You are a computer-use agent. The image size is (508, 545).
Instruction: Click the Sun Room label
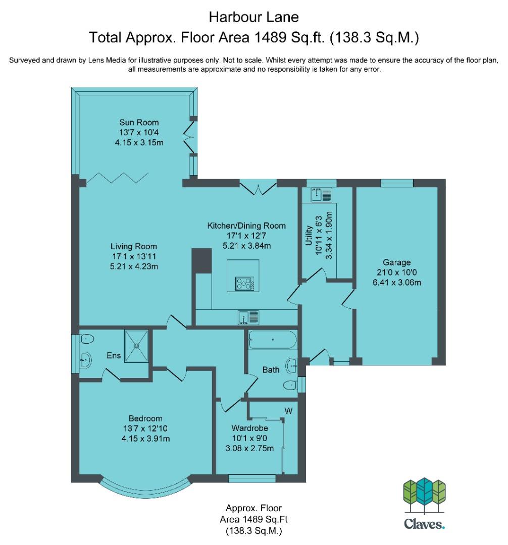click(139, 122)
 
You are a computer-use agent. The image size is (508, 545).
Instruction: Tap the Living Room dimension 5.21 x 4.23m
click(134, 266)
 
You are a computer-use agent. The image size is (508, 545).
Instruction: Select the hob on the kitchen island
click(245, 283)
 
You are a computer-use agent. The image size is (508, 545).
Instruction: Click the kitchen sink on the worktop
click(248, 317)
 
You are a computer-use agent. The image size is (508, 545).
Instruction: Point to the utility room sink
click(322, 195)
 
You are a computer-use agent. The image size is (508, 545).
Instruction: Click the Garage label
click(397, 262)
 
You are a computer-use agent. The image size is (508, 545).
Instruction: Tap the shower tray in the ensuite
click(137, 346)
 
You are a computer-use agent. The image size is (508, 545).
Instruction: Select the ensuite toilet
click(87, 339)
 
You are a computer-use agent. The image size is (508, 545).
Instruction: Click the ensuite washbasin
click(86, 360)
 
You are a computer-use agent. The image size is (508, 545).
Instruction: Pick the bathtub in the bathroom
click(273, 339)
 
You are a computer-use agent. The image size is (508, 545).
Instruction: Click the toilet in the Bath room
click(290, 385)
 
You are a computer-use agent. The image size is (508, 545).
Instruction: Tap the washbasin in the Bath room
click(292, 366)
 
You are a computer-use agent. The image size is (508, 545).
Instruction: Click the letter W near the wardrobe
click(289, 411)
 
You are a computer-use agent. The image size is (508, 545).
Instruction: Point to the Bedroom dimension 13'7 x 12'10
click(145, 428)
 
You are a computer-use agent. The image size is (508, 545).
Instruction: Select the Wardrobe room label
click(249, 428)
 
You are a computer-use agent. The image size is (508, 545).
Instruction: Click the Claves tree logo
click(424, 496)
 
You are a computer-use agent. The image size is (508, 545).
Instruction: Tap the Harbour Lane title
click(254, 17)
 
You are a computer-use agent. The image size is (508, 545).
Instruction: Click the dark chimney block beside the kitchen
click(201, 261)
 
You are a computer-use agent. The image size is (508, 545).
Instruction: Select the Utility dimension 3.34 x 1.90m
click(329, 235)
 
